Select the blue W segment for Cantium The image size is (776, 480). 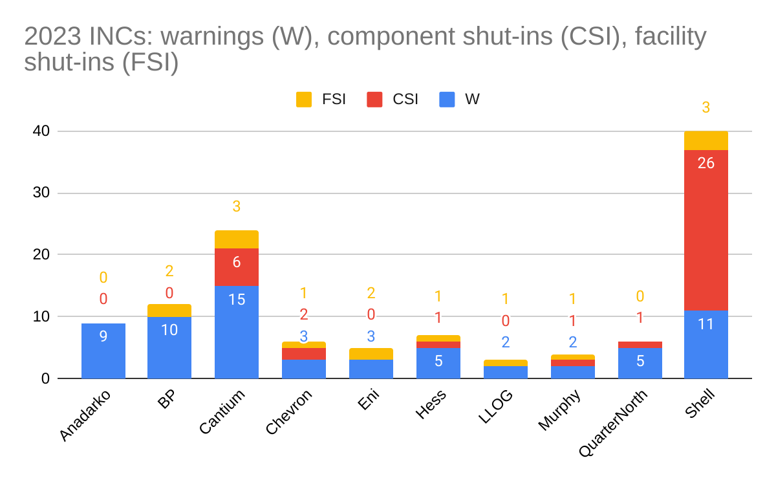coord(237,332)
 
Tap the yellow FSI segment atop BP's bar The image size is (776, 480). coord(169,311)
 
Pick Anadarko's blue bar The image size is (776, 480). coord(103,351)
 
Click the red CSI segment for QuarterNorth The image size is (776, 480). coord(640,345)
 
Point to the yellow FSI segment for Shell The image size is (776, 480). coord(706,140)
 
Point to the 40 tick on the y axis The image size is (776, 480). coord(41,131)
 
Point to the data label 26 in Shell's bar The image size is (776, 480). coord(706,163)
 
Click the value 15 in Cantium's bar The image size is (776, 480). coord(237,300)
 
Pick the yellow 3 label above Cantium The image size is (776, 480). coord(237,207)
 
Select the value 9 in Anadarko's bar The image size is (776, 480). coord(103,336)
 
